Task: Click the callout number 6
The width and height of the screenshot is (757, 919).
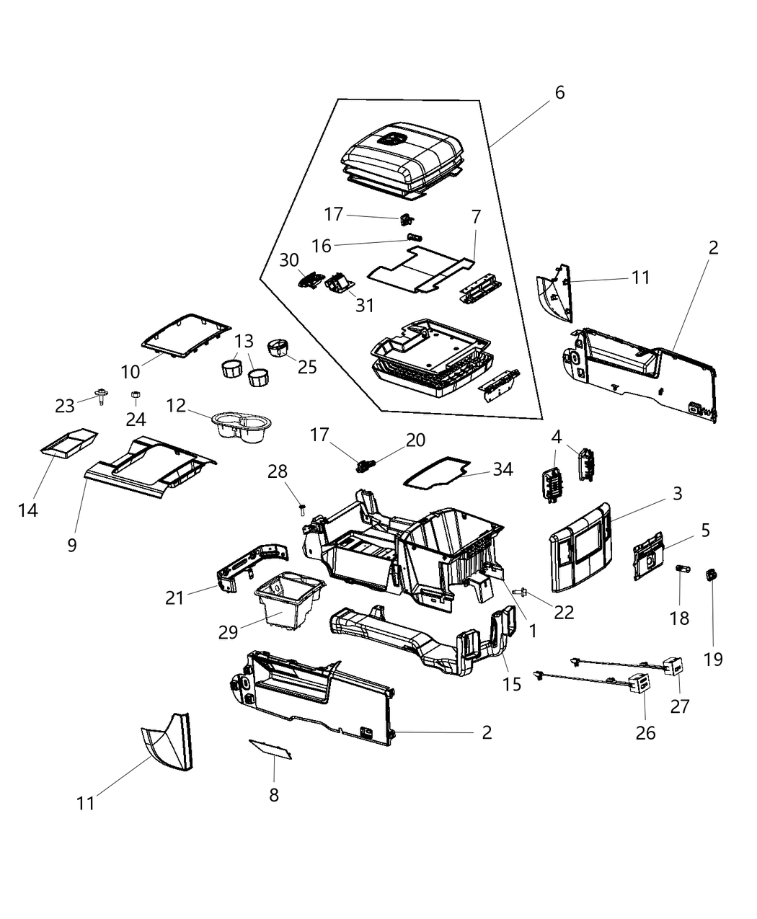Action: point(559,93)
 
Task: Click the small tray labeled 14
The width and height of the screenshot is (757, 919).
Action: point(68,441)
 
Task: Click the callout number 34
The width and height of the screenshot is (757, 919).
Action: point(503,470)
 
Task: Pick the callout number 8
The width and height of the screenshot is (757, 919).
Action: point(273,795)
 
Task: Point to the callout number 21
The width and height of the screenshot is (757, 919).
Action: point(175,598)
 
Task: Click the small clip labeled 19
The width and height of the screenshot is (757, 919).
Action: point(712,574)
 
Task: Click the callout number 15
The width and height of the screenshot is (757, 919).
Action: point(512,683)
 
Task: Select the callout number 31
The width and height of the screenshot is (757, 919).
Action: point(365,305)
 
